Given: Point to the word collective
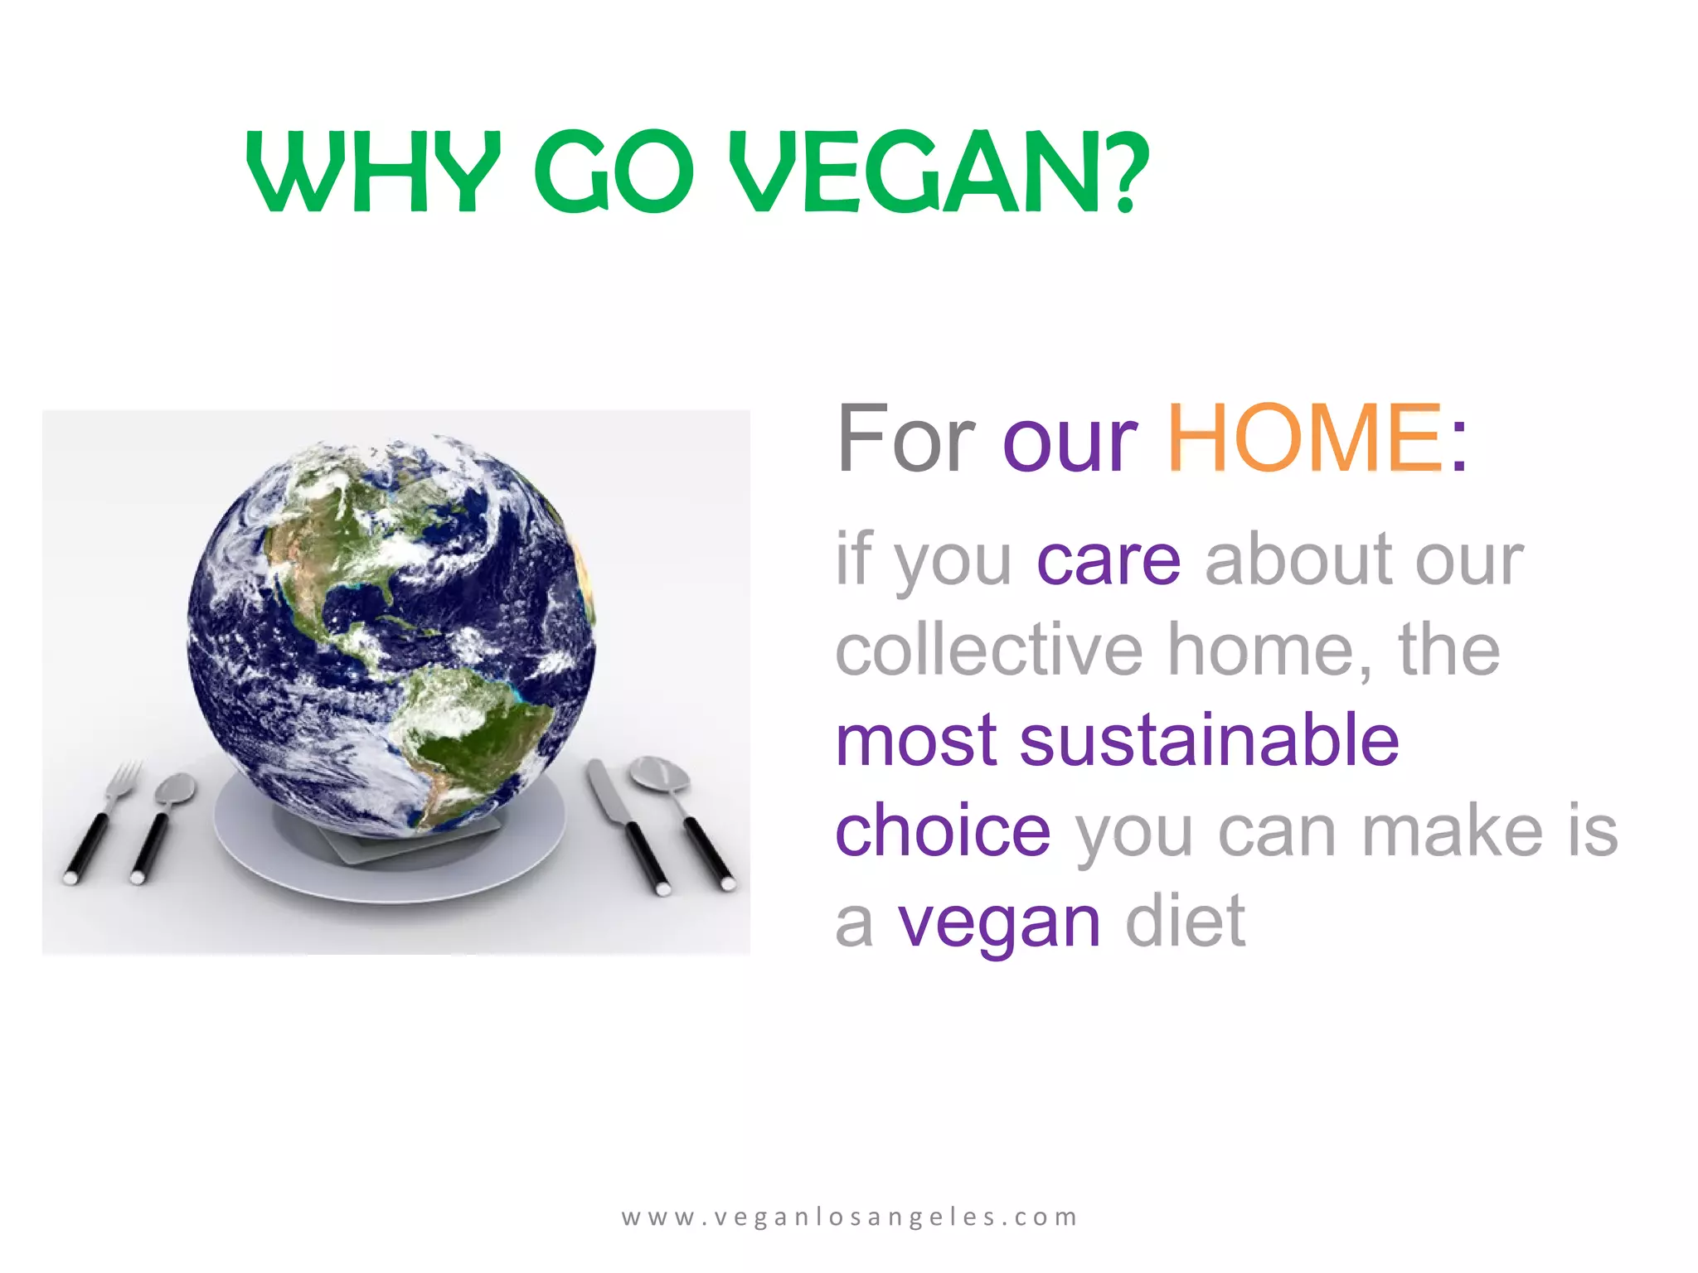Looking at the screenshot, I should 989,651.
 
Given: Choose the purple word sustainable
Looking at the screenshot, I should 1210,740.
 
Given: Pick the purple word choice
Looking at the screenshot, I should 943,830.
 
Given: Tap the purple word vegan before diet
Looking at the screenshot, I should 999,922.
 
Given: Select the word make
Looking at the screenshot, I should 1452,830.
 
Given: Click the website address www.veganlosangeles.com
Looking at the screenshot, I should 849,1217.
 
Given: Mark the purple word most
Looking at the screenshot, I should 917,740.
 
